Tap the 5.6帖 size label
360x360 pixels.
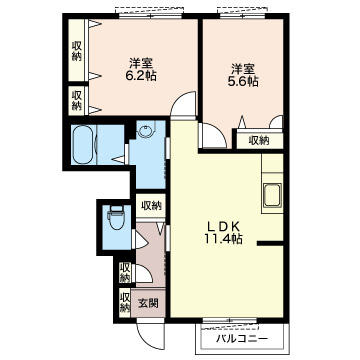click(x=243, y=82)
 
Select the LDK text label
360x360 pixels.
click(x=224, y=227)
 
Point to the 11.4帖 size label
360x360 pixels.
click(x=224, y=239)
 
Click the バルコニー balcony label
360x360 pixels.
click(x=242, y=339)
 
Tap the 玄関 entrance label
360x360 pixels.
click(x=148, y=303)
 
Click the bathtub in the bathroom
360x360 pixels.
click(x=82, y=144)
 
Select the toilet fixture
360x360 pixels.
click(x=116, y=218)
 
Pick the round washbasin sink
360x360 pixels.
click(x=146, y=130)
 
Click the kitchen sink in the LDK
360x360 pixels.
click(x=272, y=195)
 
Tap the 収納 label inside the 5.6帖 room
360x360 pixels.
click(x=259, y=141)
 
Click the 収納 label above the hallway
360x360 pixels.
click(x=151, y=205)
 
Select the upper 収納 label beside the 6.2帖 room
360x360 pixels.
click(x=77, y=50)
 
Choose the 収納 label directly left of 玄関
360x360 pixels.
click(x=125, y=302)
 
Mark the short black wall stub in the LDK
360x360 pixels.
click(x=270, y=244)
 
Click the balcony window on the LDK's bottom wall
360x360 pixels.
click(x=230, y=321)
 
